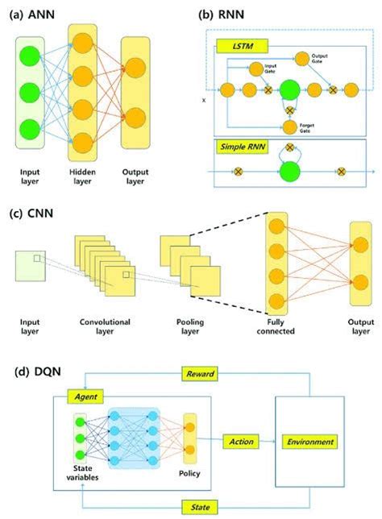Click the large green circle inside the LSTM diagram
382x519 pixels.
click(289, 89)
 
